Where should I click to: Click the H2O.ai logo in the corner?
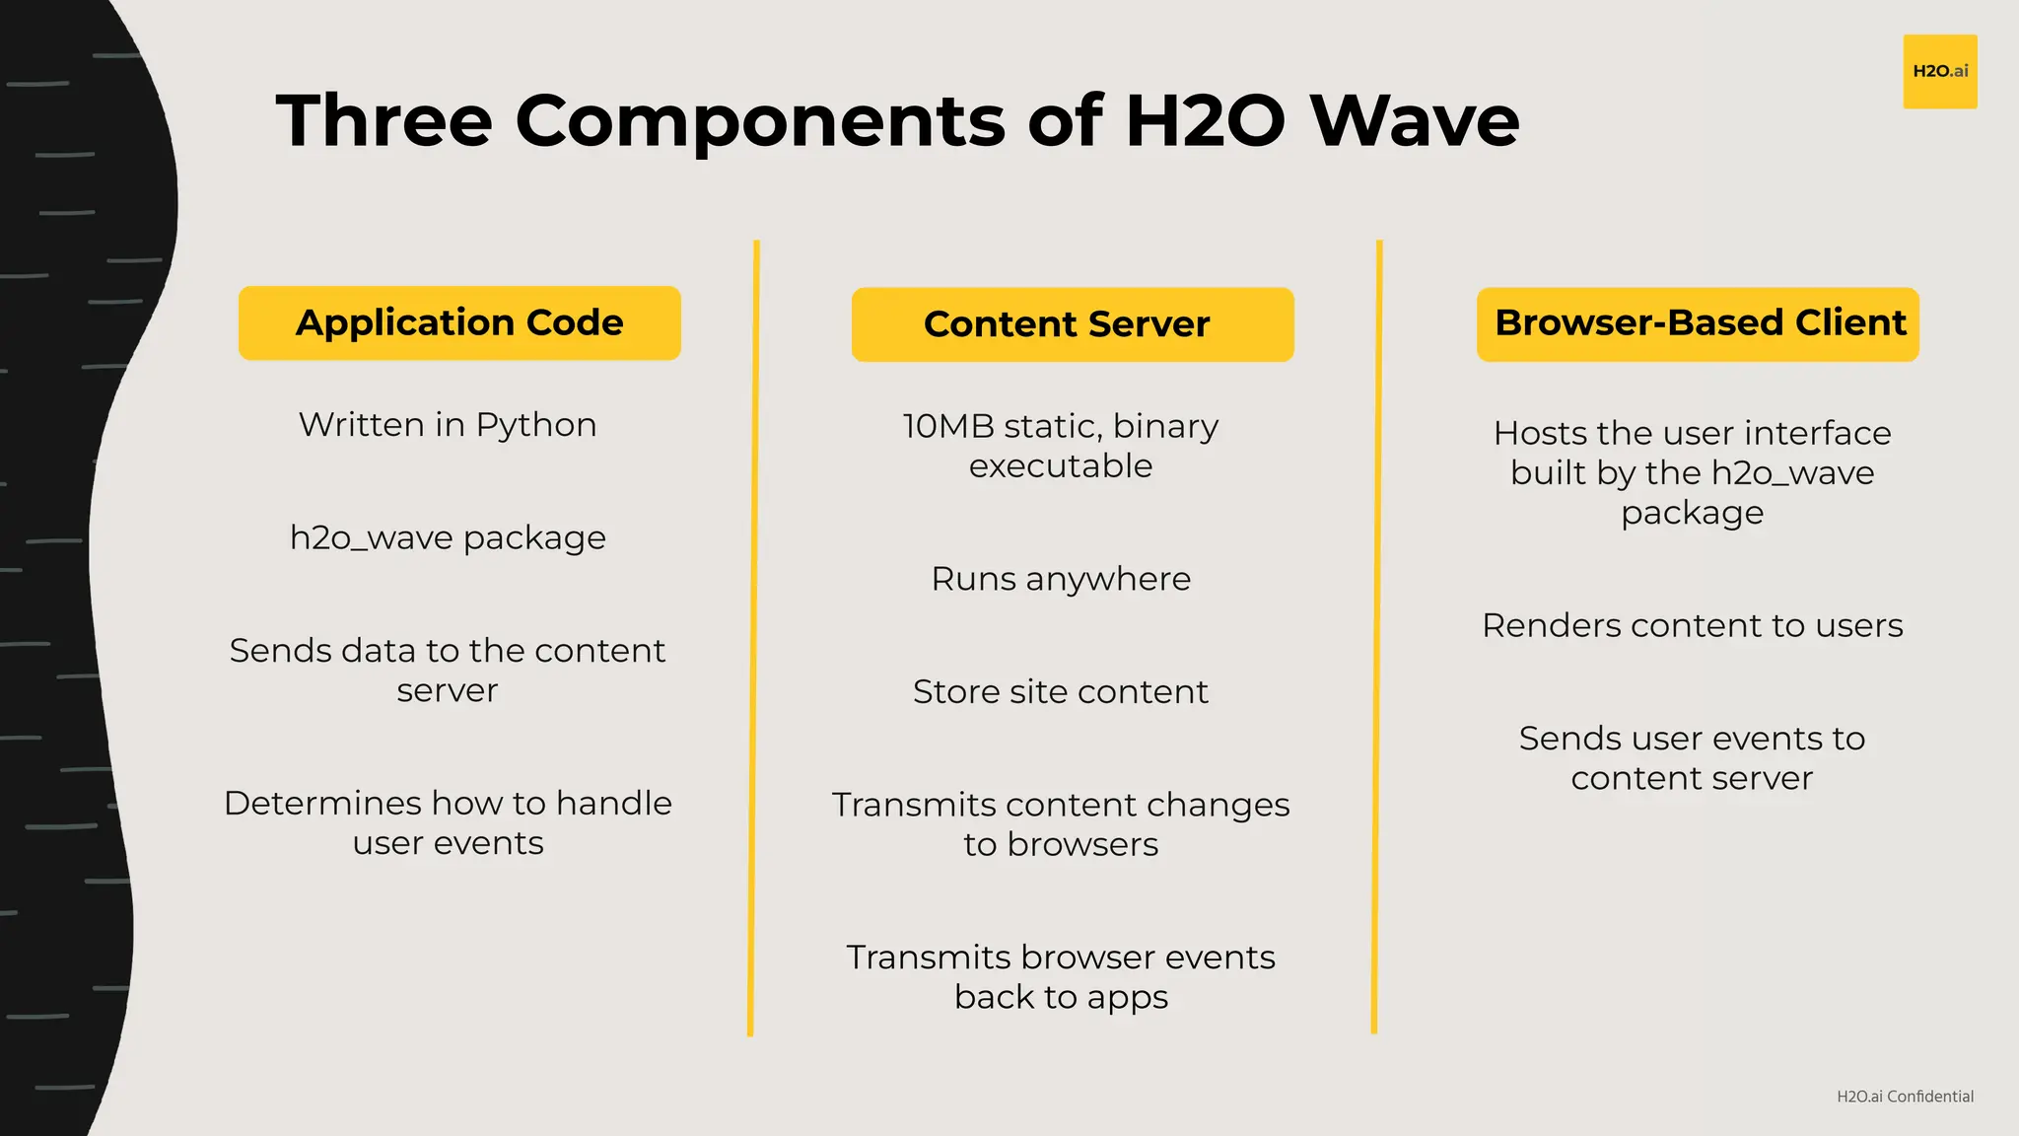pyautogui.click(x=1939, y=71)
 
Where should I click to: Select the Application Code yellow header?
pyautogui.click(x=459, y=323)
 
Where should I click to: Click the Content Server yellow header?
pyautogui.click(x=1072, y=324)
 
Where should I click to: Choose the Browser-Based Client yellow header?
pyautogui.click(x=1698, y=323)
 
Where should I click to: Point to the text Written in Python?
pyautogui.click(x=448, y=425)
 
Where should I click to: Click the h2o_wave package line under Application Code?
pyautogui.click(x=448, y=537)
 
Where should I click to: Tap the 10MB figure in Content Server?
pyautogui.click(x=947, y=426)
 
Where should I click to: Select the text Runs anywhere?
pyautogui.click(x=1061, y=579)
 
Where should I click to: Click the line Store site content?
pyautogui.click(x=1061, y=692)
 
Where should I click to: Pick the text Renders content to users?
pyautogui.click(x=1692, y=625)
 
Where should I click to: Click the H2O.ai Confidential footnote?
pyautogui.click(x=1905, y=1097)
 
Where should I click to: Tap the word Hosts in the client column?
pyautogui.click(x=1539, y=434)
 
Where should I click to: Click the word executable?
pyautogui.click(x=1061, y=466)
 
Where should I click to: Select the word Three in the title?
pyautogui.click(x=383, y=120)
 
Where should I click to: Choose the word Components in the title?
pyautogui.click(x=760, y=122)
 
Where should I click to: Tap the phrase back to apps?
pyautogui.click(x=1061, y=998)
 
